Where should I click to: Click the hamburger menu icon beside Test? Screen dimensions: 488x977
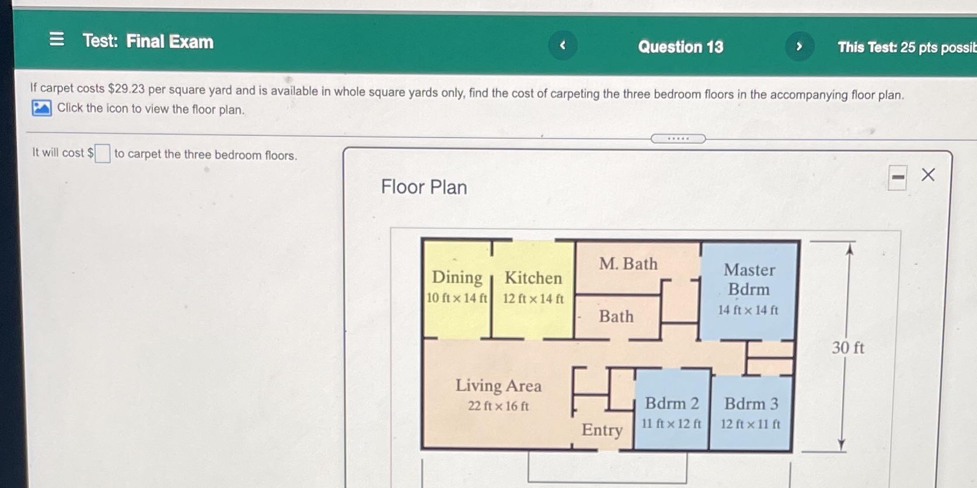coord(57,39)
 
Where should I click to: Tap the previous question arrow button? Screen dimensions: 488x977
coord(563,45)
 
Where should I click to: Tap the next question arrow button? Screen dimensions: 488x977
coord(799,46)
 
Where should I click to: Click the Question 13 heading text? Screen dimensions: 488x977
coord(681,47)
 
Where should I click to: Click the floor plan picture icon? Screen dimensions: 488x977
coord(41,108)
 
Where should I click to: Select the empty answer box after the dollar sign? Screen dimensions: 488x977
coord(102,153)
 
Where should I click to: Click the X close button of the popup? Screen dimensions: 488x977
coord(928,174)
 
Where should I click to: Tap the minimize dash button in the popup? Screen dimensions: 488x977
coord(898,177)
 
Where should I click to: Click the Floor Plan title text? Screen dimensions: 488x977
coord(424,187)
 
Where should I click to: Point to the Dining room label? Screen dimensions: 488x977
coord(457,278)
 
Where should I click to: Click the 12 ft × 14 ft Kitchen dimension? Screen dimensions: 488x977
coord(533,299)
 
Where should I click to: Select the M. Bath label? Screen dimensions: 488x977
coord(628,264)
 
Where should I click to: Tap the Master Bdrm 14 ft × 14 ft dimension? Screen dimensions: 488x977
coord(748,310)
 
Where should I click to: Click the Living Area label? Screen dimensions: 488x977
coord(498,385)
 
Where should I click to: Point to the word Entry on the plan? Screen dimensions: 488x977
coord(602,430)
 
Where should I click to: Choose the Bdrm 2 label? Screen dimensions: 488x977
coord(672,403)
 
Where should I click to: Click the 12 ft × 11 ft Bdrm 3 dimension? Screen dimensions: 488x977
coord(750,424)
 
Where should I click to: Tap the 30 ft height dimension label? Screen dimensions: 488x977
coord(847,347)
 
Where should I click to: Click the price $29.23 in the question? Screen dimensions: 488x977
coord(126,89)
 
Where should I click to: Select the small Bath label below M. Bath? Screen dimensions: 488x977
coord(616,317)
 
